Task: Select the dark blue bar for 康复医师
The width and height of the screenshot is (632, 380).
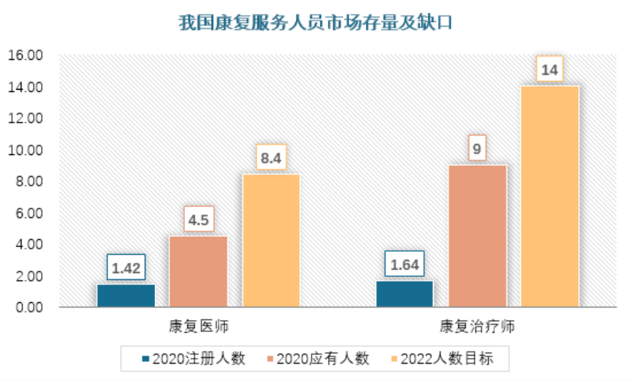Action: point(126,295)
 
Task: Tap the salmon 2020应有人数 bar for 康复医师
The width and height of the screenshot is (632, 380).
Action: point(198,271)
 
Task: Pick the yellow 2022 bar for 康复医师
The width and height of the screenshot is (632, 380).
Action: point(271,240)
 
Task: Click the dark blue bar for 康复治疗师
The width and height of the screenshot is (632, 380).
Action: point(405,293)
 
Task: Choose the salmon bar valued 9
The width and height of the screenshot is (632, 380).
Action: point(477,235)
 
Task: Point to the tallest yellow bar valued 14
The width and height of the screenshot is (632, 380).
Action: point(549,196)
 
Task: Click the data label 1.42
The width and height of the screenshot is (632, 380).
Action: point(126,268)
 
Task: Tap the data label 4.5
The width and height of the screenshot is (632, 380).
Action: point(198,220)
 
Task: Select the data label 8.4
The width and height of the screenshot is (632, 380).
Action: point(271,158)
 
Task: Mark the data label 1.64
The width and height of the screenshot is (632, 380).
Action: point(405,265)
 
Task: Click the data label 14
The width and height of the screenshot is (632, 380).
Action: point(550,70)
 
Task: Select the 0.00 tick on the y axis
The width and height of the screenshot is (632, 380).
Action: point(27,308)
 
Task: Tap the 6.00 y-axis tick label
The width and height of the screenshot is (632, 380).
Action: point(27,213)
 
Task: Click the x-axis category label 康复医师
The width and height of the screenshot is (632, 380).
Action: point(198,327)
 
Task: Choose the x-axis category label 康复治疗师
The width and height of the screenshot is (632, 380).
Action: point(477,327)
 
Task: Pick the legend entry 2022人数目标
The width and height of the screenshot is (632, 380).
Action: point(446,359)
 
